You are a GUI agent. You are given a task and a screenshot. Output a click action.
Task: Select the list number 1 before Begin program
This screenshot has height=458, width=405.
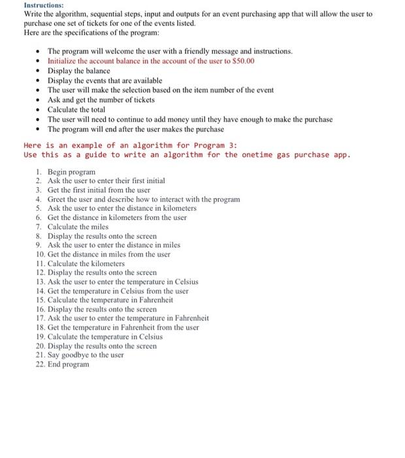tap(39, 171)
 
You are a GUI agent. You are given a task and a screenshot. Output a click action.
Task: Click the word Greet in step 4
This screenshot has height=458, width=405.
tap(58, 199)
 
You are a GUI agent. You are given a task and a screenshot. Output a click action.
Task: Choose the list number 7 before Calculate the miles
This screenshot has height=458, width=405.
tap(39, 226)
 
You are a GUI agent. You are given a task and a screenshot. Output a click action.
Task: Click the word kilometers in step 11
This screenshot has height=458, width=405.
tap(106, 263)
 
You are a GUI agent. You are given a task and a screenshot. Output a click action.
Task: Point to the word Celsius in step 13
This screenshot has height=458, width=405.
tap(182, 281)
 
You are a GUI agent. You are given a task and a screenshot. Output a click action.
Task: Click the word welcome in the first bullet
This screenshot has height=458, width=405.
tap(115, 51)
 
